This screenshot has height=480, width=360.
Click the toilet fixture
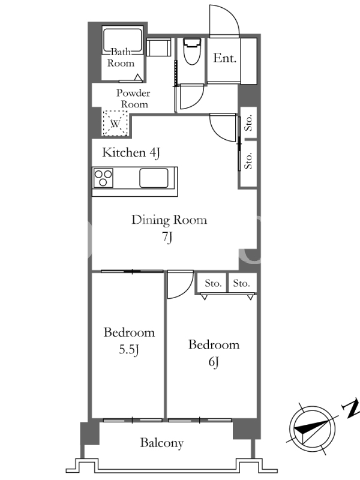pyautogui.click(x=192, y=51)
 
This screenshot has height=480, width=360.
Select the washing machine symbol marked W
pyautogui.click(x=115, y=124)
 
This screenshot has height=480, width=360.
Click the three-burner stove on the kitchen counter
pyautogui.click(x=103, y=178)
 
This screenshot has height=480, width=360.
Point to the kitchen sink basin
pyautogui.click(x=154, y=178)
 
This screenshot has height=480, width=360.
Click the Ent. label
pyautogui.click(x=225, y=58)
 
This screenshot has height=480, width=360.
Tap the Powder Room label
pyautogui.click(x=133, y=98)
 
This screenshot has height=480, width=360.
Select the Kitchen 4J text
pyautogui.click(x=131, y=152)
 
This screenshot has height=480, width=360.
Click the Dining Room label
pyautogui.click(x=169, y=220)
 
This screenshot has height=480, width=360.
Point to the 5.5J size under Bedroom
pyautogui.click(x=129, y=349)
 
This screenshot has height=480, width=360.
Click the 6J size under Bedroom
pyautogui.click(x=214, y=362)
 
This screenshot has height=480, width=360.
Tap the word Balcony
pyautogui.click(x=162, y=443)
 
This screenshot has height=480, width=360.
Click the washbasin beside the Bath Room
pyautogui.click(x=158, y=47)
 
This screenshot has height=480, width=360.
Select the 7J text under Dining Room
pyautogui.click(x=167, y=237)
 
